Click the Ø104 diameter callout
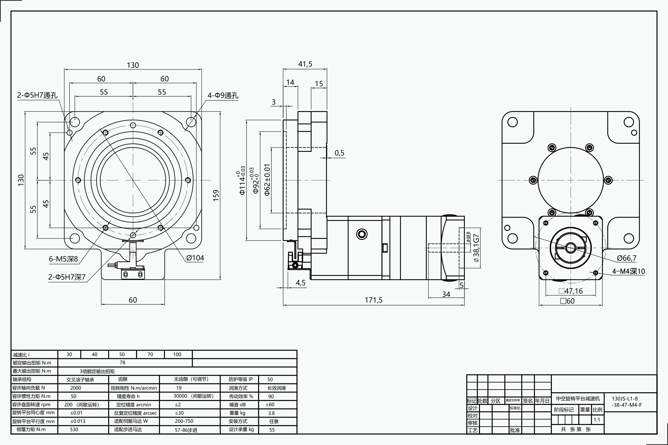195,258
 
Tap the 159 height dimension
216,195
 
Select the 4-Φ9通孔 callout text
223,95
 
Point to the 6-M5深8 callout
63,259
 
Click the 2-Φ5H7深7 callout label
67,277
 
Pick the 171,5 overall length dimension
373,300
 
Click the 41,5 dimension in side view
305,64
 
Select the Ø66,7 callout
627,258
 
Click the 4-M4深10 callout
628,271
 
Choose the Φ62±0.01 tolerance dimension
267,180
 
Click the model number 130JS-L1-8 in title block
625,398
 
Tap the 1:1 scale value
597,420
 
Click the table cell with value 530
74,429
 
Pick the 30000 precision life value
180,396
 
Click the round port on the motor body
362,234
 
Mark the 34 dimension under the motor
446,294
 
